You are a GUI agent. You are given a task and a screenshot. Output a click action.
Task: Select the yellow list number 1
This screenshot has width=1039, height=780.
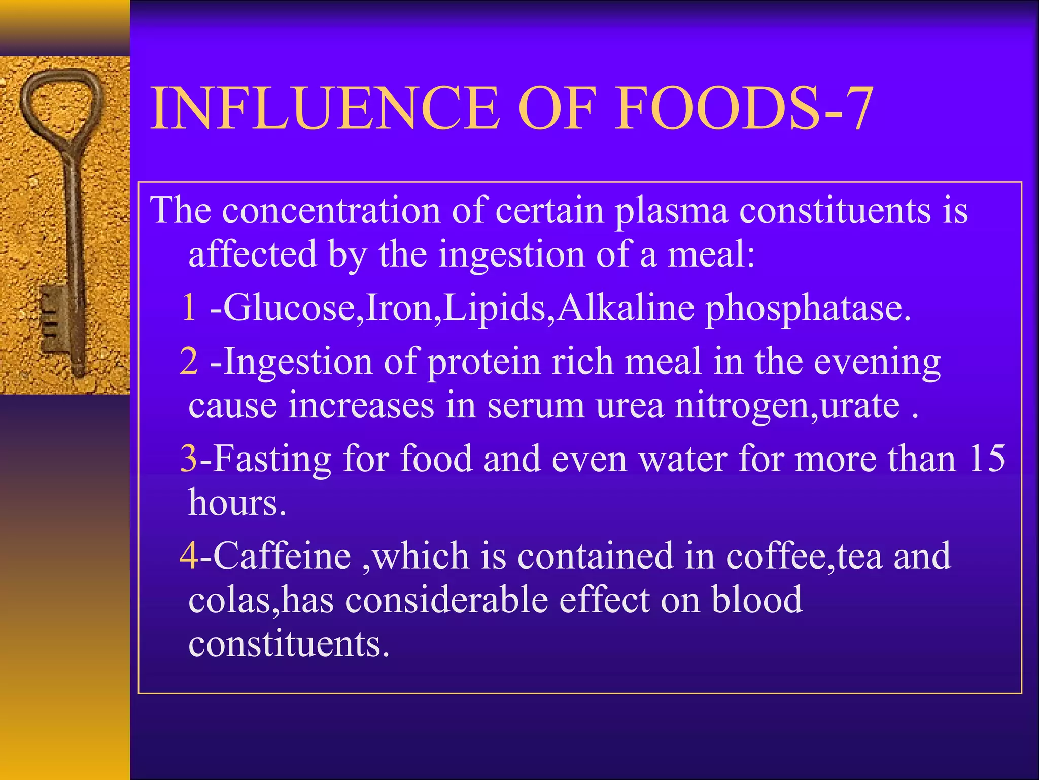click(188, 308)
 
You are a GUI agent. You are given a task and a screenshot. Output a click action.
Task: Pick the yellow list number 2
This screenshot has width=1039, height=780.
click(188, 362)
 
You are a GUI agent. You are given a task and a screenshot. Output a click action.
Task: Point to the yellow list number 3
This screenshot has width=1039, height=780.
click(188, 458)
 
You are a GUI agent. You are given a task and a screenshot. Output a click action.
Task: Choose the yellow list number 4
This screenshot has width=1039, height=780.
click(188, 556)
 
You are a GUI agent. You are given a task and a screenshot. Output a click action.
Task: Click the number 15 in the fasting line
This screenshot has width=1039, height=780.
click(986, 458)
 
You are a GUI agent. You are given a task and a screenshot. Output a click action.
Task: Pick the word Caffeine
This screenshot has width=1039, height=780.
click(282, 556)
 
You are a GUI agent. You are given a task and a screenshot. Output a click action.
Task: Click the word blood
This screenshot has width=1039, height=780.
click(756, 600)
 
